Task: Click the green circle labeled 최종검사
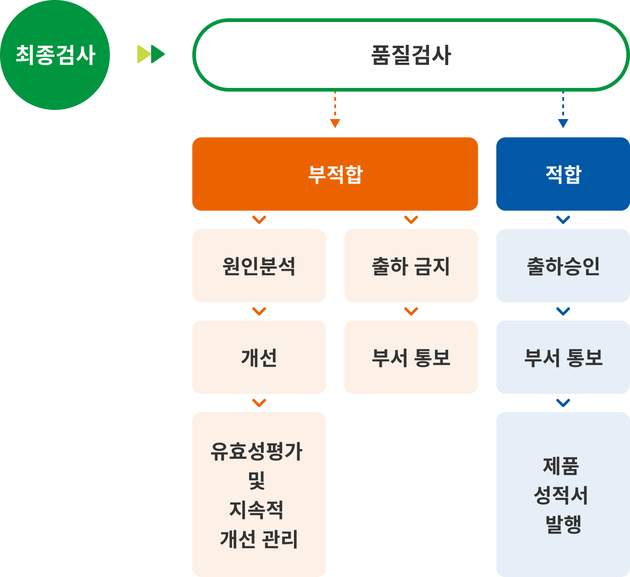coord(55,55)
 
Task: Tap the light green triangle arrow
coord(143,54)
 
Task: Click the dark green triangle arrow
coord(157,54)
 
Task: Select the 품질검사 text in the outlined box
coord(411,55)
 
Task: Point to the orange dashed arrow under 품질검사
coord(335,110)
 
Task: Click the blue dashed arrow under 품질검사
coord(563,110)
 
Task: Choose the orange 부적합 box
coord(335,174)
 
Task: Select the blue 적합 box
coord(563,174)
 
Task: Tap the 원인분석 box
coord(259,266)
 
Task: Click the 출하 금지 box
coord(411,266)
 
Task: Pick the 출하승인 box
coord(563,266)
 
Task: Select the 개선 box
coord(259,357)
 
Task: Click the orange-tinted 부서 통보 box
coord(411,357)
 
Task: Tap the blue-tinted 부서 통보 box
coord(563,357)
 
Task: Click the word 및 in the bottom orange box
coord(256,480)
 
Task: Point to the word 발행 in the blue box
coord(564,524)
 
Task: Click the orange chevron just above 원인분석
coord(259,220)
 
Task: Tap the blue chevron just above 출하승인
coord(563,220)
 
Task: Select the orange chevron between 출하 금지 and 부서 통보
coord(411,311)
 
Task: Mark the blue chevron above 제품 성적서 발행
coord(563,403)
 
